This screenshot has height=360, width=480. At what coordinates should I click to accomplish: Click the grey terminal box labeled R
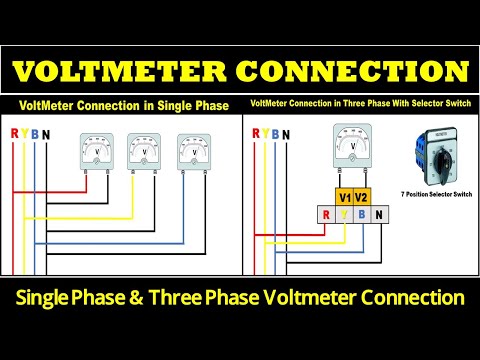point(325,213)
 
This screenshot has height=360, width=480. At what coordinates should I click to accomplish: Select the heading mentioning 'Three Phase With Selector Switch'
point(359,104)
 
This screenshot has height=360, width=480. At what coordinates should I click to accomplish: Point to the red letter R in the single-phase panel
point(13,133)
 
